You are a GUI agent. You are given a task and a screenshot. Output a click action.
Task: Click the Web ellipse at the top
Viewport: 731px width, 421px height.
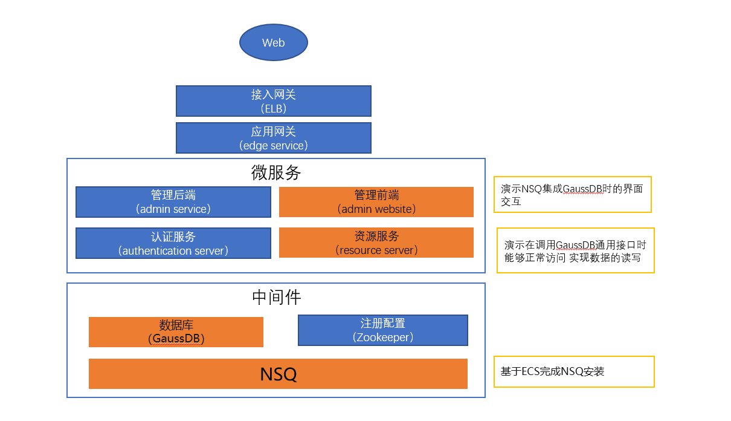click(274, 42)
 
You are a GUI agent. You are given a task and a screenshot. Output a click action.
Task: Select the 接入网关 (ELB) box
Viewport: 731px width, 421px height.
click(274, 101)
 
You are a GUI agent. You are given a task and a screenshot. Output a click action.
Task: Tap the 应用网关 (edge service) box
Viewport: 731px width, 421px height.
click(274, 138)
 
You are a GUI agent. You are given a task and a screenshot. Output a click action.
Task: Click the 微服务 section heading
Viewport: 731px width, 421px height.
click(276, 173)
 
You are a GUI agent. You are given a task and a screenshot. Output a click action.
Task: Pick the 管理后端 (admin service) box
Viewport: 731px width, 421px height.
click(173, 202)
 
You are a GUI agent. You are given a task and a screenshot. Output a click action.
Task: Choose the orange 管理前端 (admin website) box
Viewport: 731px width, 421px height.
click(376, 202)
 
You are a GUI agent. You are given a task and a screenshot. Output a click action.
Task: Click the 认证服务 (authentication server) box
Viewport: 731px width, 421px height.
click(173, 243)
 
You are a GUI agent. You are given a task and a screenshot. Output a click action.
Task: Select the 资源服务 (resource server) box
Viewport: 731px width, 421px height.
click(376, 243)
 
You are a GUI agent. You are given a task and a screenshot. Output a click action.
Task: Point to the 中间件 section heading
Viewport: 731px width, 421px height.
click(276, 298)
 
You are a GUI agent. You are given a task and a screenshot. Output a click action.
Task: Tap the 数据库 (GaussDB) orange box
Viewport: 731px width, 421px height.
click(176, 332)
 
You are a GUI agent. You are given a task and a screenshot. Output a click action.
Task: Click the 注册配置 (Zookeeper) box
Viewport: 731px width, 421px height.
click(383, 330)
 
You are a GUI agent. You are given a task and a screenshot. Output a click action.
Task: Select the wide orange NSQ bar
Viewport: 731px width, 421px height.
click(278, 374)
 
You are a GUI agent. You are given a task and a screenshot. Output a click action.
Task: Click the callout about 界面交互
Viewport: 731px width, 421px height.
click(572, 195)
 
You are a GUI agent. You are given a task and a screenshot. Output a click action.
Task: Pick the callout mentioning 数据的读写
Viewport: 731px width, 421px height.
click(575, 251)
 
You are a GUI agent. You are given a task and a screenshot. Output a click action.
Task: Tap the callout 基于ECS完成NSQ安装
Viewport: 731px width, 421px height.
click(574, 371)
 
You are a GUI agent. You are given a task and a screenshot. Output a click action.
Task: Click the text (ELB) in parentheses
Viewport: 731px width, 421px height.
click(274, 109)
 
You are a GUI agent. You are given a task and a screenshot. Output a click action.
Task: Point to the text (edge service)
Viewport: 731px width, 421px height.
click(274, 146)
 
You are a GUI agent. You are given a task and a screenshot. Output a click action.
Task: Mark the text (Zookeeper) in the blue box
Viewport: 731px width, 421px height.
click(383, 338)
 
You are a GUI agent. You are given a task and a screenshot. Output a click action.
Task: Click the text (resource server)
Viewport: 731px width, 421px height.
click(376, 250)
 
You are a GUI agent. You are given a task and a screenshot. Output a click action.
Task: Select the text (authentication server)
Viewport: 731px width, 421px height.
click(173, 251)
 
